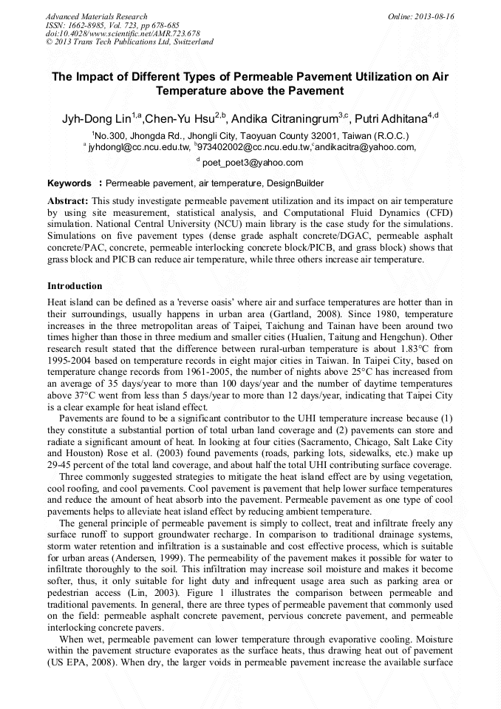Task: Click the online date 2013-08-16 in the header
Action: (x=435, y=16)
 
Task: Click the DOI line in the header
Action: (x=123, y=33)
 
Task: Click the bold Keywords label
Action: (x=71, y=183)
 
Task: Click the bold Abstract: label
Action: (x=68, y=200)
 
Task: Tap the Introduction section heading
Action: (x=75, y=285)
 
